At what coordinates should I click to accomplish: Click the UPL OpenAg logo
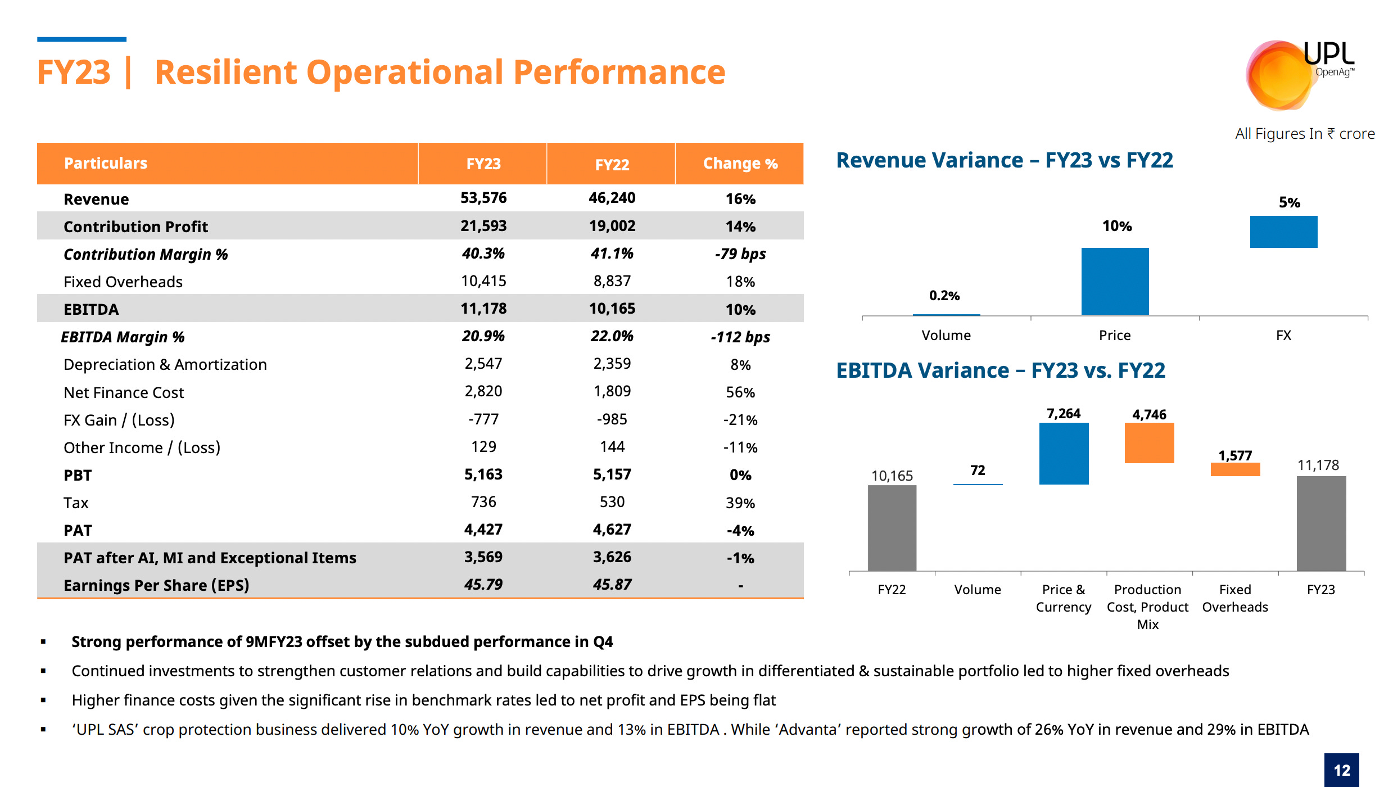click(x=1299, y=73)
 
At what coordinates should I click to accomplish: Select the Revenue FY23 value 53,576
click(x=483, y=198)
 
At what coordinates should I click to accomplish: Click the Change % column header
click(x=740, y=164)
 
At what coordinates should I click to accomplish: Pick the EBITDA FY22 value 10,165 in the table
click(x=612, y=309)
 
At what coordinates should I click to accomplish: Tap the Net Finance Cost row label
click(x=124, y=392)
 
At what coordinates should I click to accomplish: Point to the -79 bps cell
click(x=740, y=254)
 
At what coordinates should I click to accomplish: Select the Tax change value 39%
click(x=740, y=503)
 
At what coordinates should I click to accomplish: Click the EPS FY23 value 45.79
click(x=483, y=585)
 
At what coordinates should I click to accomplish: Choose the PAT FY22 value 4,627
click(x=612, y=530)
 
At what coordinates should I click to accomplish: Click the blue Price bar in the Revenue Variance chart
click(x=1115, y=281)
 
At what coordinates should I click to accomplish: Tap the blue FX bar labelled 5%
click(x=1283, y=232)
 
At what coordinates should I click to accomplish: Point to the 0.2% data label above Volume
click(x=944, y=296)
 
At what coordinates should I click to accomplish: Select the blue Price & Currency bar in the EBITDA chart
click(x=1064, y=453)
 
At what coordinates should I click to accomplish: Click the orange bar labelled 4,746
click(x=1149, y=443)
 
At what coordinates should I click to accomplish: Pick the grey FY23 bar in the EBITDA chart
click(x=1321, y=523)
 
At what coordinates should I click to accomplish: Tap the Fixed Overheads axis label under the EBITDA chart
click(x=1235, y=598)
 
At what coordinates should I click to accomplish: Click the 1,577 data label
click(x=1235, y=455)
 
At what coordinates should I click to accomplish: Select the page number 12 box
click(x=1341, y=770)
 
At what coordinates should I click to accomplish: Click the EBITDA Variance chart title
click(x=1000, y=370)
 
